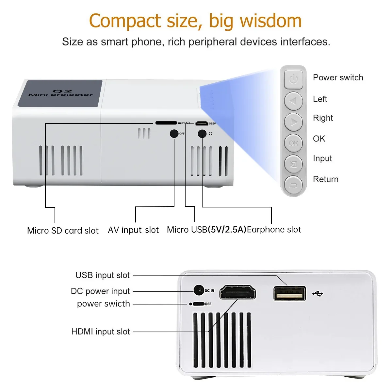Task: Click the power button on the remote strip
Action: point(293,79)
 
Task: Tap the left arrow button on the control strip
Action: point(293,101)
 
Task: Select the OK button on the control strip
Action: point(293,143)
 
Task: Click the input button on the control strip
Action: point(293,164)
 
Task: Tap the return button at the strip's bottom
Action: point(293,185)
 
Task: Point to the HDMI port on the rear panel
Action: point(237,292)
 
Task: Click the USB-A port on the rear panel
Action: point(289,293)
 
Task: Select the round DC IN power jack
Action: point(199,290)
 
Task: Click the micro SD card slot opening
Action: point(166,123)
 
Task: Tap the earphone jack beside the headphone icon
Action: point(202,134)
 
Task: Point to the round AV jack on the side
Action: point(174,134)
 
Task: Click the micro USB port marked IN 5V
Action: point(202,123)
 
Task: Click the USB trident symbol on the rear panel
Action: point(318,294)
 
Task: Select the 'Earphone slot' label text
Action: point(274,230)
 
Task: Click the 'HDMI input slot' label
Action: point(101,332)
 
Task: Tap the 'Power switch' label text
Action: point(338,78)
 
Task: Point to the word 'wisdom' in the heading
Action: point(270,21)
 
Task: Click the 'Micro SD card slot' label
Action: point(63,231)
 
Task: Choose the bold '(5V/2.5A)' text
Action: point(227,230)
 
